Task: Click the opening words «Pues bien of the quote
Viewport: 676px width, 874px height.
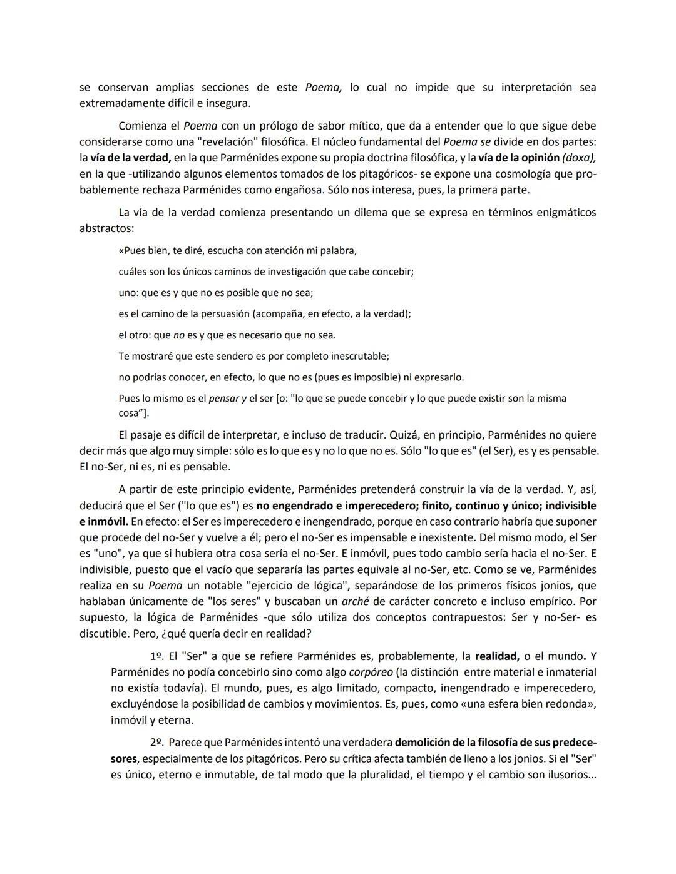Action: tap(144, 251)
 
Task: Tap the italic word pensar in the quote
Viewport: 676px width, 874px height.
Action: tap(224, 399)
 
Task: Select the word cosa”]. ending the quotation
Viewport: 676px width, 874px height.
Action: tap(134, 414)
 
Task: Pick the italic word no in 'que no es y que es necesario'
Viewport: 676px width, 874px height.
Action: tap(178, 335)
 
